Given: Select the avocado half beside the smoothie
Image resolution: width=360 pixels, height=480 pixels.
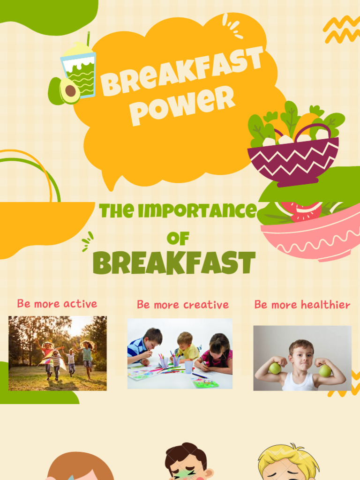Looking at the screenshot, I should (66, 90).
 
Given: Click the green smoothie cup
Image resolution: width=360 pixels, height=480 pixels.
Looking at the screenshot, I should (79, 70).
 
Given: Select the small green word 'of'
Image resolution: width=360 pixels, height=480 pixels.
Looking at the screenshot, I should (178, 239).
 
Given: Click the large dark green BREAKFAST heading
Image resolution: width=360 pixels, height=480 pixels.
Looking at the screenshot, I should (174, 263).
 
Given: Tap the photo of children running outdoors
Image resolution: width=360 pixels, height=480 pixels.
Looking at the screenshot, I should (58, 353).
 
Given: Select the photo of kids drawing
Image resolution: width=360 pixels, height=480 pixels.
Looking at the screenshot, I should (180, 353).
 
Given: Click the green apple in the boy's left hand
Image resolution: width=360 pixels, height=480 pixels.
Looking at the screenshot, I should (325, 370).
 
